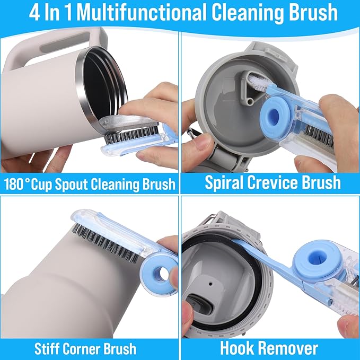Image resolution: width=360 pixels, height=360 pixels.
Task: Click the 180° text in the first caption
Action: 21,184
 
